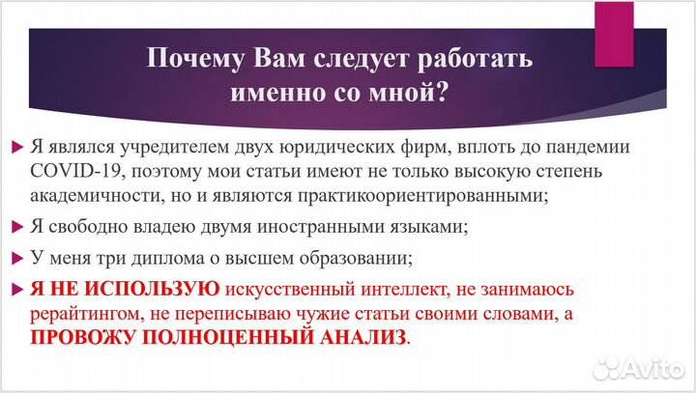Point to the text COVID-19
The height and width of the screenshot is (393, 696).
point(70,172)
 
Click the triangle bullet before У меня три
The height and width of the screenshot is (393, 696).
point(16,258)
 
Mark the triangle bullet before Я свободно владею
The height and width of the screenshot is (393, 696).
point(16,228)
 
